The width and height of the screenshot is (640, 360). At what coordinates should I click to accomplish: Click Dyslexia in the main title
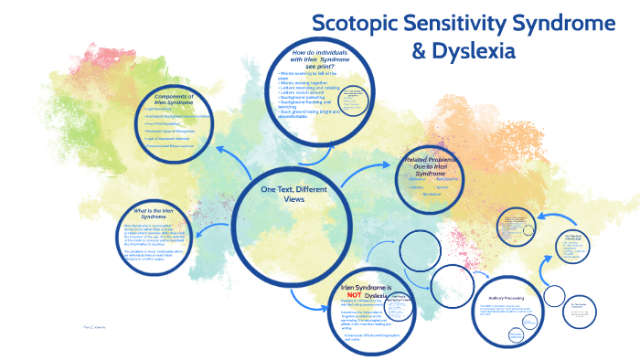click(x=474, y=50)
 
